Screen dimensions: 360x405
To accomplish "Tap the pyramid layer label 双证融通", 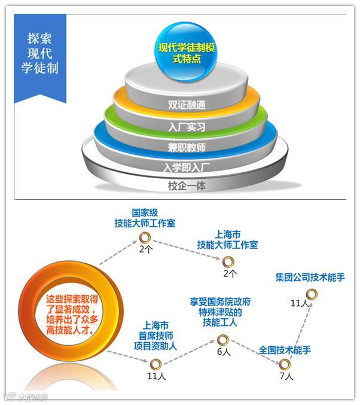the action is pyautogui.click(x=187, y=105).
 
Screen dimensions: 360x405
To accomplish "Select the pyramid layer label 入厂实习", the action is pyautogui.click(x=187, y=127).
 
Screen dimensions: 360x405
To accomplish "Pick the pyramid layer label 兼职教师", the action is pyautogui.click(x=187, y=147).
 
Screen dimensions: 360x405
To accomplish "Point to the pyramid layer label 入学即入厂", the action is pyautogui.click(x=187, y=167).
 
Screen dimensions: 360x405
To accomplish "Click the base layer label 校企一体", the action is pyautogui.click(x=187, y=186).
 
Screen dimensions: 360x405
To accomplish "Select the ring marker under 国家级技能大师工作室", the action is pyautogui.click(x=144, y=239).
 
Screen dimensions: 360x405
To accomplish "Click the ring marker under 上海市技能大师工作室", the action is pyautogui.click(x=228, y=261).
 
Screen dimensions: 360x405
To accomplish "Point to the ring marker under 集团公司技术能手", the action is pyautogui.click(x=311, y=294).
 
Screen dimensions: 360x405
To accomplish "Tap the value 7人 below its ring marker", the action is pyautogui.click(x=286, y=376).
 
